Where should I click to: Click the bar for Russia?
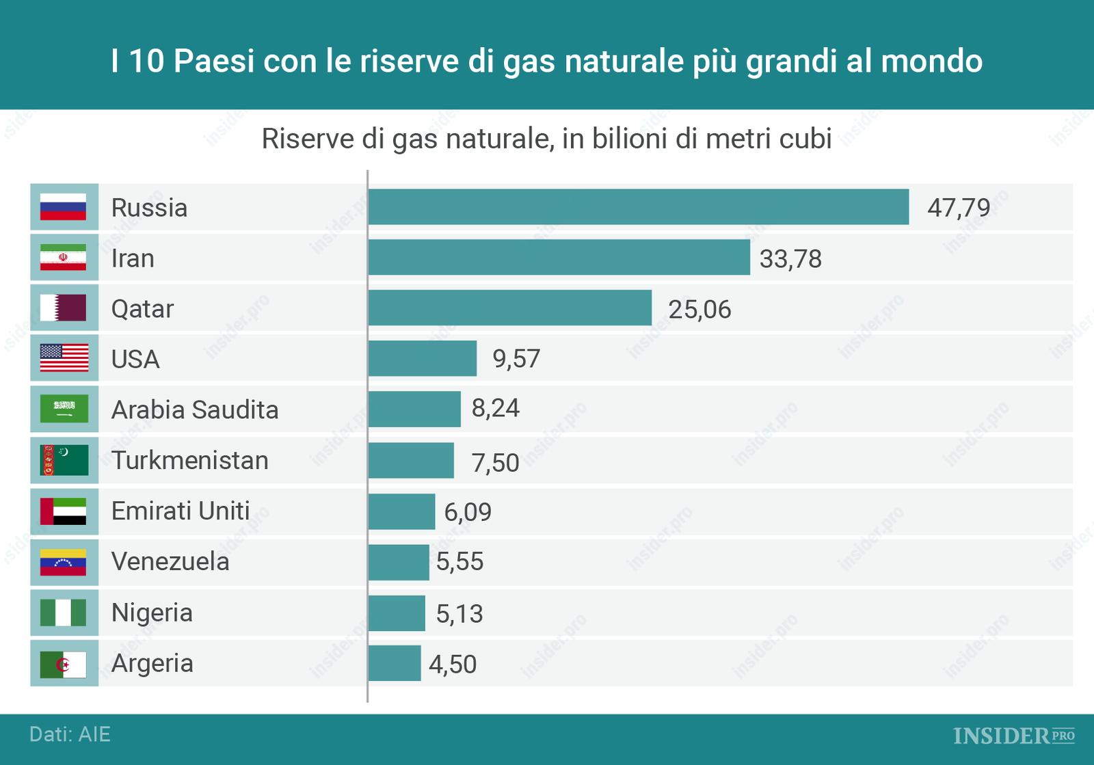click(638, 206)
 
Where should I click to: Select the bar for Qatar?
click(509, 308)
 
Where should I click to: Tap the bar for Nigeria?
click(397, 613)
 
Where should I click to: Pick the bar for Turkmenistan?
click(411, 460)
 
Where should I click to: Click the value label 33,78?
click(790, 259)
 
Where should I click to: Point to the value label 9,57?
click(516, 359)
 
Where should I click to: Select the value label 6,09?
click(468, 512)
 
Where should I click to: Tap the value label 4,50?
click(453, 665)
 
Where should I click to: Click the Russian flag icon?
click(64, 206)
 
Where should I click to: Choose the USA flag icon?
click(64, 358)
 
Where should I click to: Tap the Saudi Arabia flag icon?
click(64, 409)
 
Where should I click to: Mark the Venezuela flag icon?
click(64, 562)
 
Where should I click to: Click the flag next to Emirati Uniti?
click(64, 511)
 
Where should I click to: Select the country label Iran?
click(133, 258)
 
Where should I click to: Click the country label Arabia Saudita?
click(195, 410)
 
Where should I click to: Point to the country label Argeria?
click(152, 664)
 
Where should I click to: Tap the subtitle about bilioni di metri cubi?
click(546, 139)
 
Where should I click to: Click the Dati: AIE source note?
click(70, 734)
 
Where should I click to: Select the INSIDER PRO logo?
click(1013, 736)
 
